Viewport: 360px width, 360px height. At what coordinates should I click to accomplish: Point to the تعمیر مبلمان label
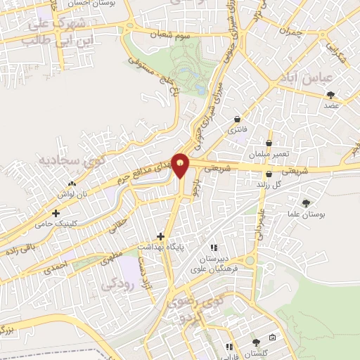point(264,153)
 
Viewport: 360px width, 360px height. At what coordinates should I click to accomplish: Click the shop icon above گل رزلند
point(269,174)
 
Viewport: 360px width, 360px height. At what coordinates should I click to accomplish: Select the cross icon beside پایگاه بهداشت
point(161,236)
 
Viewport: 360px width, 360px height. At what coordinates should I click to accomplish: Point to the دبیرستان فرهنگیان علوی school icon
point(214,247)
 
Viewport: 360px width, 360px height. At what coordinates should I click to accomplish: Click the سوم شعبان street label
point(174,33)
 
